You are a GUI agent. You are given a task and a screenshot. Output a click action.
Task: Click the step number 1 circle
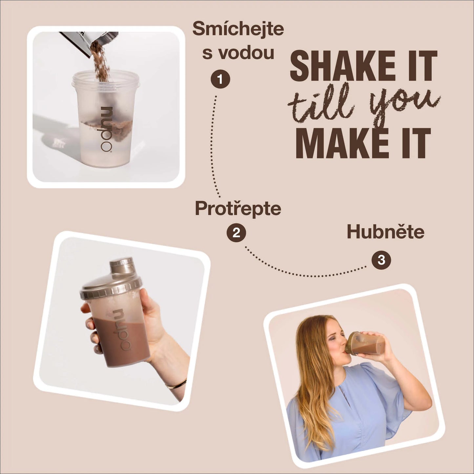pos(220,79)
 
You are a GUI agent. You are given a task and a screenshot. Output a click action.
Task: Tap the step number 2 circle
pos(236,233)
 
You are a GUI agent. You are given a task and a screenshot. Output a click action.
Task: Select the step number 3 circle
pos(381,260)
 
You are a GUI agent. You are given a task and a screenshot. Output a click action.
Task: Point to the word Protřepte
pos(238,209)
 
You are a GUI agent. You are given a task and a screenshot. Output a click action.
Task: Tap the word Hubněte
pos(385,232)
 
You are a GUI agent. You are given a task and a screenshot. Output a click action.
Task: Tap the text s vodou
pos(238,53)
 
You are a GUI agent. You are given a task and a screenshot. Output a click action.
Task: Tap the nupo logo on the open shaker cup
pos(106,129)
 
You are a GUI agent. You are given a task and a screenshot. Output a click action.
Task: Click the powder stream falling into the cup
pos(101,63)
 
